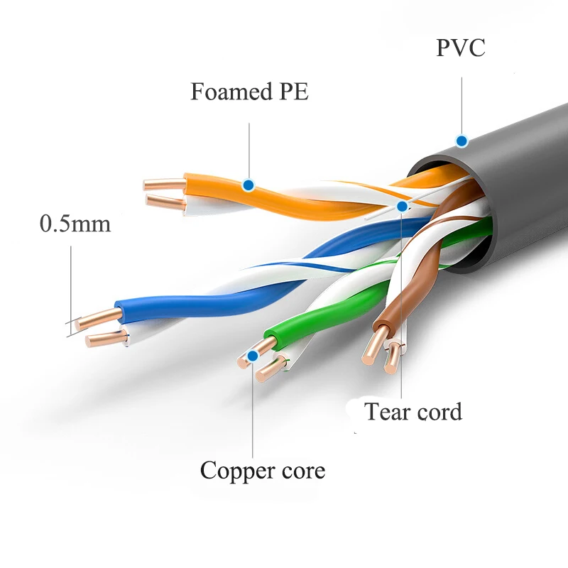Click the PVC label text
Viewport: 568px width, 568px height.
pos(461,48)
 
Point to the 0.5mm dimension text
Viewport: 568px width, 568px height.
pos(75,224)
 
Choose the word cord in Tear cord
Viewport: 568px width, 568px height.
pos(440,411)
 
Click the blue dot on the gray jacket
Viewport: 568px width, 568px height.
pos(461,141)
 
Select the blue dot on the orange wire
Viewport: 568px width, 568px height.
pos(248,185)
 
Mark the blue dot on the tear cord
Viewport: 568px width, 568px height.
pos(402,207)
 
